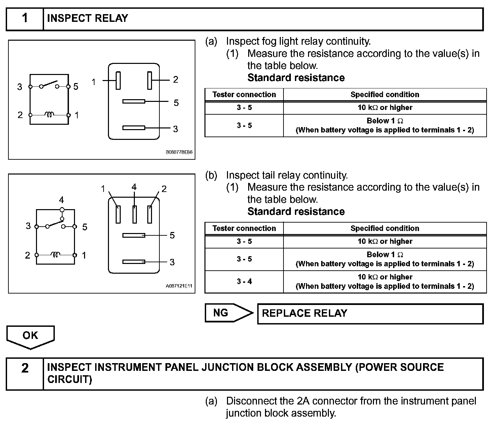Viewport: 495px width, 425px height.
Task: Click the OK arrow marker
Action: click(x=30, y=336)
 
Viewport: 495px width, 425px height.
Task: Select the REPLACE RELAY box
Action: click(x=370, y=314)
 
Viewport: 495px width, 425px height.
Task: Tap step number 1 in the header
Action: click(x=25, y=18)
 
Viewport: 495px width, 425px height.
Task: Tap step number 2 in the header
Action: click(x=25, y=369)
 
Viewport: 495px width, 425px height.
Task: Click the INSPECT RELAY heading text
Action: click(x=87, y=18)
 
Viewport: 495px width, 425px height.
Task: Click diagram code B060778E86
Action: click(x=179, y=152)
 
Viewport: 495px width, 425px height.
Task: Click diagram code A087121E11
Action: click(x=179, y=286)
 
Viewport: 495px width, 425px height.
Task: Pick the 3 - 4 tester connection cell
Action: click(x=244, y=281)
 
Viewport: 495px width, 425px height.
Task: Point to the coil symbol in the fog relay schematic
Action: click(x=49, y=115)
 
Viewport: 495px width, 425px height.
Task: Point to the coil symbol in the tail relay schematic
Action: click(x=55, y=255)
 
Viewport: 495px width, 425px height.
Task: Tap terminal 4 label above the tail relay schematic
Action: click(x=61, y=200)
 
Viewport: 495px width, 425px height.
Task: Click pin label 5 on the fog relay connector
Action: click(x=176, y=103)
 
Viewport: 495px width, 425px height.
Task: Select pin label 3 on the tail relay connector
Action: click(x=172, y=262)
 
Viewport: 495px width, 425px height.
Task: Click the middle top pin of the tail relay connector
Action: click(x=135, y=215)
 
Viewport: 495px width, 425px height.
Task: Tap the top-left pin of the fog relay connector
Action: click(x=118, y=81)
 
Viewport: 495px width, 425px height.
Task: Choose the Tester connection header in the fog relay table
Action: click(x=244, y=94)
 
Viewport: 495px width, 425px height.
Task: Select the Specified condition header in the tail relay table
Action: click(x=385, y=228)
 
